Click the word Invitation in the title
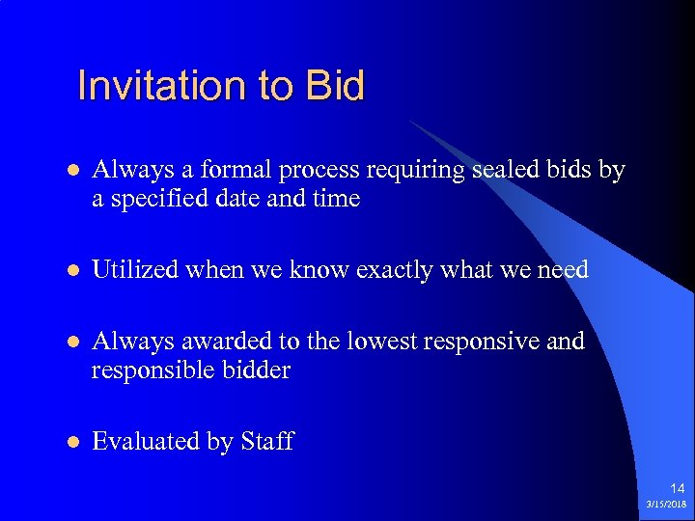[x=159, y=86]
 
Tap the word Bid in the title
[x=334, y=86]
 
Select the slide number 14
[x=675, y=488]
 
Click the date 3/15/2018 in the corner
[x=667, y=505]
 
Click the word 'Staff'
[x=266, y=442]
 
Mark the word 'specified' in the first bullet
[x=154, y=200]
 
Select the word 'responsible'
[x=145, y=370]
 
